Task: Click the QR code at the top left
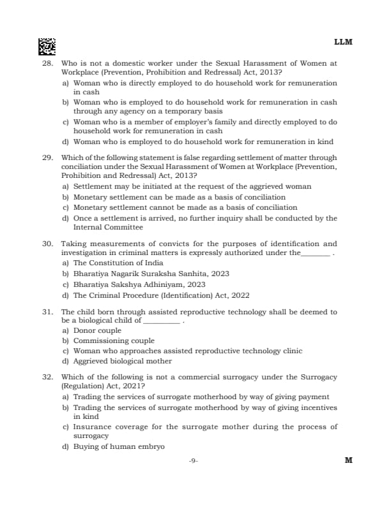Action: coord(47,46)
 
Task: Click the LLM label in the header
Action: coord(343,42)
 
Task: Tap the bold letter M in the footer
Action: coord(348,460)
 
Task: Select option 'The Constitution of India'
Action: coord(118,263)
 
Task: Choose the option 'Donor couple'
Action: coord(97,331)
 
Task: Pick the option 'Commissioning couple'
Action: coord(114,341)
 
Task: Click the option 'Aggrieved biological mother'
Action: coord(123,361)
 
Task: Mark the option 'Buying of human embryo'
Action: coord(119,446)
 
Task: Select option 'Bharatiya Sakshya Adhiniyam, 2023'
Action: coord(139,284)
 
